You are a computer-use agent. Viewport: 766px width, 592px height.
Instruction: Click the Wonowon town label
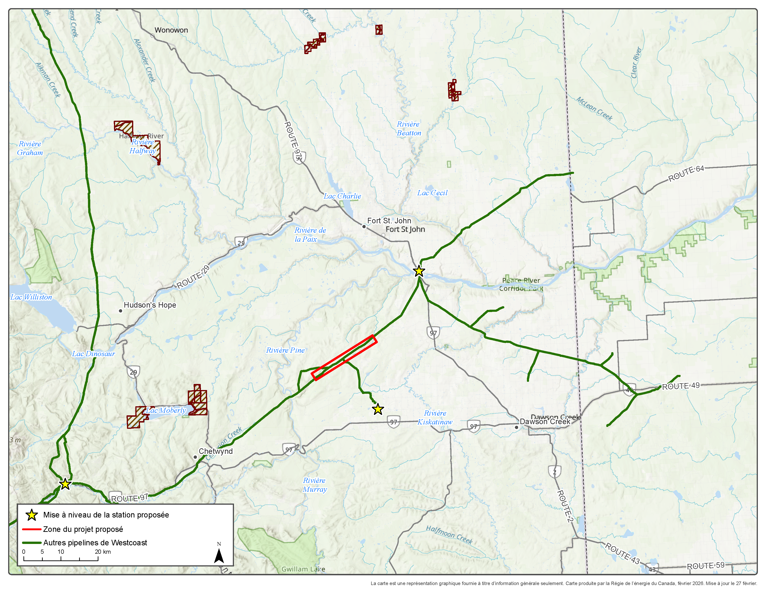171,30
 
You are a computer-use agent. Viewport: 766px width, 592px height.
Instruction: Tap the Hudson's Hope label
150,305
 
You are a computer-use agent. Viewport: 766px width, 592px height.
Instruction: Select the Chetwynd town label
215,451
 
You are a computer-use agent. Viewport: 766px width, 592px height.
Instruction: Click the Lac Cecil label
432,193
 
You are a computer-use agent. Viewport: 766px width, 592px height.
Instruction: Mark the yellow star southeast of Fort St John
419,271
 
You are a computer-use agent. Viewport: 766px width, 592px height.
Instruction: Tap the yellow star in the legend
32,515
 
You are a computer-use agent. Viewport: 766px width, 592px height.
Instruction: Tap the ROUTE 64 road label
686,174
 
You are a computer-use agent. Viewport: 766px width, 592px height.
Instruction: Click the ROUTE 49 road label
680,386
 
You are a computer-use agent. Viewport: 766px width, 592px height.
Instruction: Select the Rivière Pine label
285,350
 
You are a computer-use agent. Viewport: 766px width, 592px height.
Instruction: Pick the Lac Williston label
31,297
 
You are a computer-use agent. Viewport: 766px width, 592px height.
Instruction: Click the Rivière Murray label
315,485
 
